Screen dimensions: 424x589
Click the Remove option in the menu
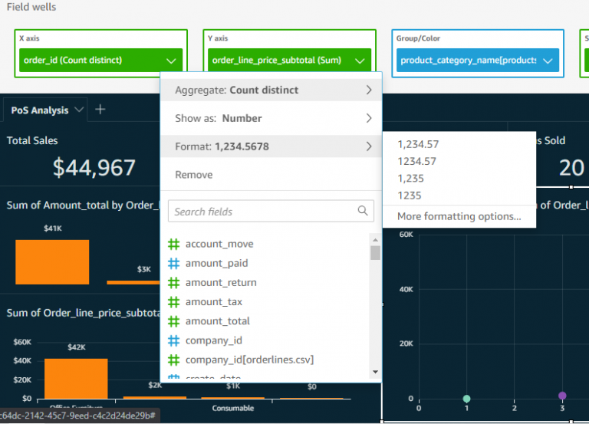[x=194, y=175]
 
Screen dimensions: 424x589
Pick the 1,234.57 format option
[x=418, y=144]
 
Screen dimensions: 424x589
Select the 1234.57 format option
[x=416, y=162]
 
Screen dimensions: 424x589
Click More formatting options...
[x=459, y=217]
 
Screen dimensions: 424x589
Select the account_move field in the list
[x=219, y=244]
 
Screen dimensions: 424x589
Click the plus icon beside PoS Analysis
[x=100, y=110]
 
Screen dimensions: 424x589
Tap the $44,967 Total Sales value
[x=94, y=166]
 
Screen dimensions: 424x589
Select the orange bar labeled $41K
[x=52, y=261]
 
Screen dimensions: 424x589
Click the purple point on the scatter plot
[x=562, y=396]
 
